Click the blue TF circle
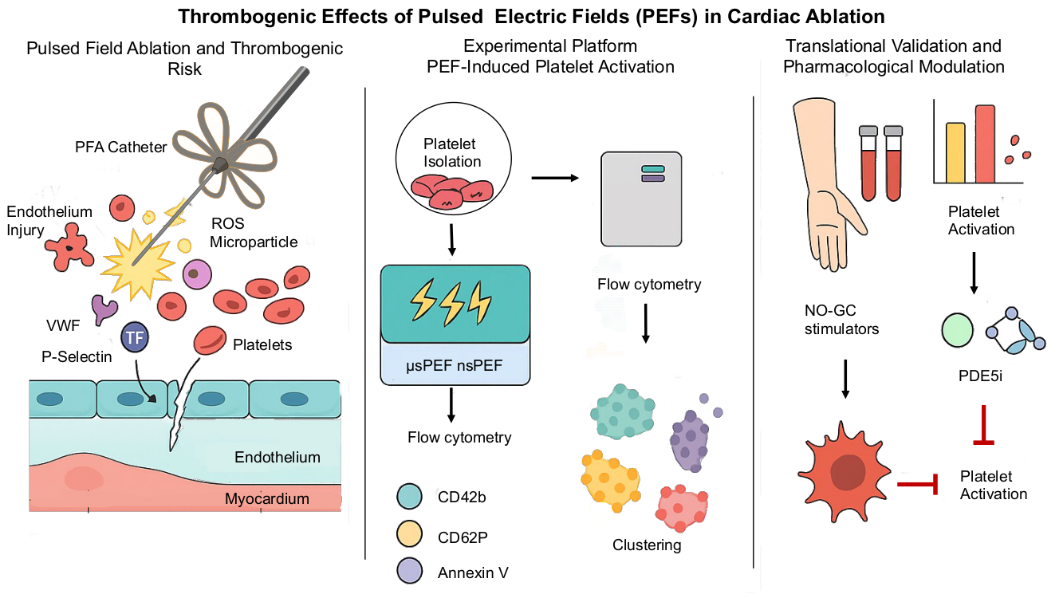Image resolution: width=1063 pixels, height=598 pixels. [x=135, y=338]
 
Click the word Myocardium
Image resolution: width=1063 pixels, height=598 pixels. [x=266, y=499]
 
